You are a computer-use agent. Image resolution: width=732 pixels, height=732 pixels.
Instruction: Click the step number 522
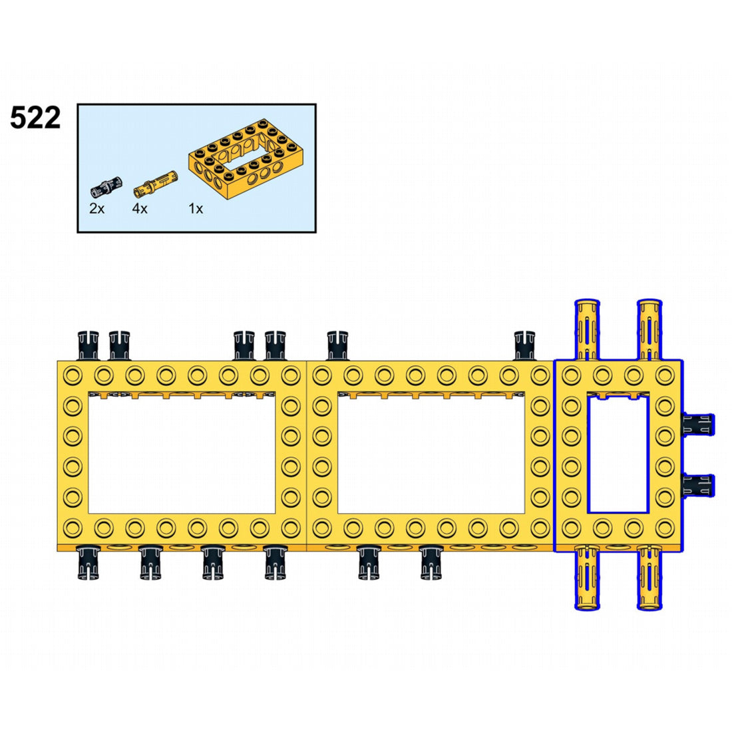(35, 118)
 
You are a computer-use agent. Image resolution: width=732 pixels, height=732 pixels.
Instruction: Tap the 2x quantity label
(96, 209)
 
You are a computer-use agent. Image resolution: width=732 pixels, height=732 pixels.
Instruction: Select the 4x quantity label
(140, 209)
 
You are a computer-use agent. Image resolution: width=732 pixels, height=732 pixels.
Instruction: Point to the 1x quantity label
(196, 209)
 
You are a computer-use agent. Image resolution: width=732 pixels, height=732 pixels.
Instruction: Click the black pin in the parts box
(106, 187)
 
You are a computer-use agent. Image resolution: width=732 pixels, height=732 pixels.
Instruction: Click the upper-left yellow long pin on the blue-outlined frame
(588, 329)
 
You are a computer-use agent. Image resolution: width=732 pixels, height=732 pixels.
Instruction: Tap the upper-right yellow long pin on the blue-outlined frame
(650, 329)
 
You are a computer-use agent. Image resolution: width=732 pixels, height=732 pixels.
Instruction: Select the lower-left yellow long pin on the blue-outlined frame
(588, 578)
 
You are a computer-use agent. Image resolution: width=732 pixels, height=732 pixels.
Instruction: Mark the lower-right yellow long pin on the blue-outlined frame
(650, 578)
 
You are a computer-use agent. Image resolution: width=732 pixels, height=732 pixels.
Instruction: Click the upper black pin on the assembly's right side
(698, 425)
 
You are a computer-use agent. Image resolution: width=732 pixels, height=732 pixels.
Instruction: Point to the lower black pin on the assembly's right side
(698, 485)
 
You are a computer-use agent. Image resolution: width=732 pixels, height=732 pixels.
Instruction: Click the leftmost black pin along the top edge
(89, 345)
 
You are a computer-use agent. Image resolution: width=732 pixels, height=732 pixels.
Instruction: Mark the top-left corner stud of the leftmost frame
(73, 375)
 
